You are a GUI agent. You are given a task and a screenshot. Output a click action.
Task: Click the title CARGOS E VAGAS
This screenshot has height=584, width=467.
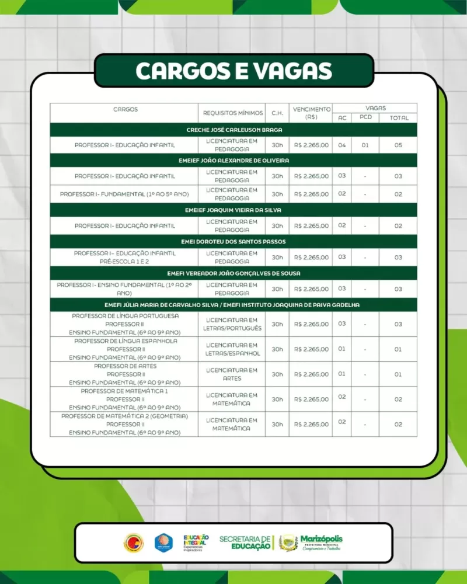tap(233, 71)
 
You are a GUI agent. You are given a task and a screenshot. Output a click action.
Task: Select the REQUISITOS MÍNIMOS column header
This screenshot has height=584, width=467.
tap(233, 113)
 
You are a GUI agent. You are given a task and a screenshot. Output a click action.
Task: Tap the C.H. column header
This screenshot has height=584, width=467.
tap(277, 113)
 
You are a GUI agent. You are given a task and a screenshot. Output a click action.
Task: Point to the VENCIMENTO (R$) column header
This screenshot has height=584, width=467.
tap(311, 113)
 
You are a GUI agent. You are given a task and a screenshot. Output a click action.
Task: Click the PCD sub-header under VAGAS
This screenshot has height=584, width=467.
tap(365, 117)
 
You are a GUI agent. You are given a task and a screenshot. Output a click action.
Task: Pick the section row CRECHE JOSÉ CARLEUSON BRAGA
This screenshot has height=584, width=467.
tap(233, 130)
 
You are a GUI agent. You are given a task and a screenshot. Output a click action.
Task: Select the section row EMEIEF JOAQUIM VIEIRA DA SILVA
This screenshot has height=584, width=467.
tap(233, 210)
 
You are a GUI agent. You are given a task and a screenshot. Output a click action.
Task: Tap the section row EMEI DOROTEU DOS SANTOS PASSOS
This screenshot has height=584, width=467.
tap(233, 241)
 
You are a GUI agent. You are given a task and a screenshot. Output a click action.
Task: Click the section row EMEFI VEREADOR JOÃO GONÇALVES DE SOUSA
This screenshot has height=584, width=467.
tap(233, 273)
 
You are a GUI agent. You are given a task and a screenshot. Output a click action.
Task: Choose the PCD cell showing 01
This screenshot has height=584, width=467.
tap(365, 145)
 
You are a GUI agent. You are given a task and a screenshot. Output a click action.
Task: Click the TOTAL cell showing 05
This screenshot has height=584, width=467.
tap(398, 145)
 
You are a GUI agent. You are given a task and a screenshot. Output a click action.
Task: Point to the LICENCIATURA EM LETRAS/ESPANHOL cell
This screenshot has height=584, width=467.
tap(232, 349)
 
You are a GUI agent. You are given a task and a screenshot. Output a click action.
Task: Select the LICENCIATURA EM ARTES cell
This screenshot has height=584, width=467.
tap(232, 374)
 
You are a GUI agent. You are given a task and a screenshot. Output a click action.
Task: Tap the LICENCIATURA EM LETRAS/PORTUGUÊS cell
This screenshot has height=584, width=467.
tap(232, 324)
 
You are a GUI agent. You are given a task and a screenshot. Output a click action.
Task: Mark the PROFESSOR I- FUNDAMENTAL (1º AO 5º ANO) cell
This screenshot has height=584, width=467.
tap(124, 194)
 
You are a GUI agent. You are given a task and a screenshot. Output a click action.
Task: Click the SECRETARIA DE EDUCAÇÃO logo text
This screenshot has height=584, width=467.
tap(245, 543)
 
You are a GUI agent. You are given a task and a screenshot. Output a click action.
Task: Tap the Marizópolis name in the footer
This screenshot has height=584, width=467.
tap(321, 539)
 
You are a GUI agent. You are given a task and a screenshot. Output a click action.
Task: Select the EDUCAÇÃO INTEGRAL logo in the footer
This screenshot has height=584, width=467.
tap(196, 543)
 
